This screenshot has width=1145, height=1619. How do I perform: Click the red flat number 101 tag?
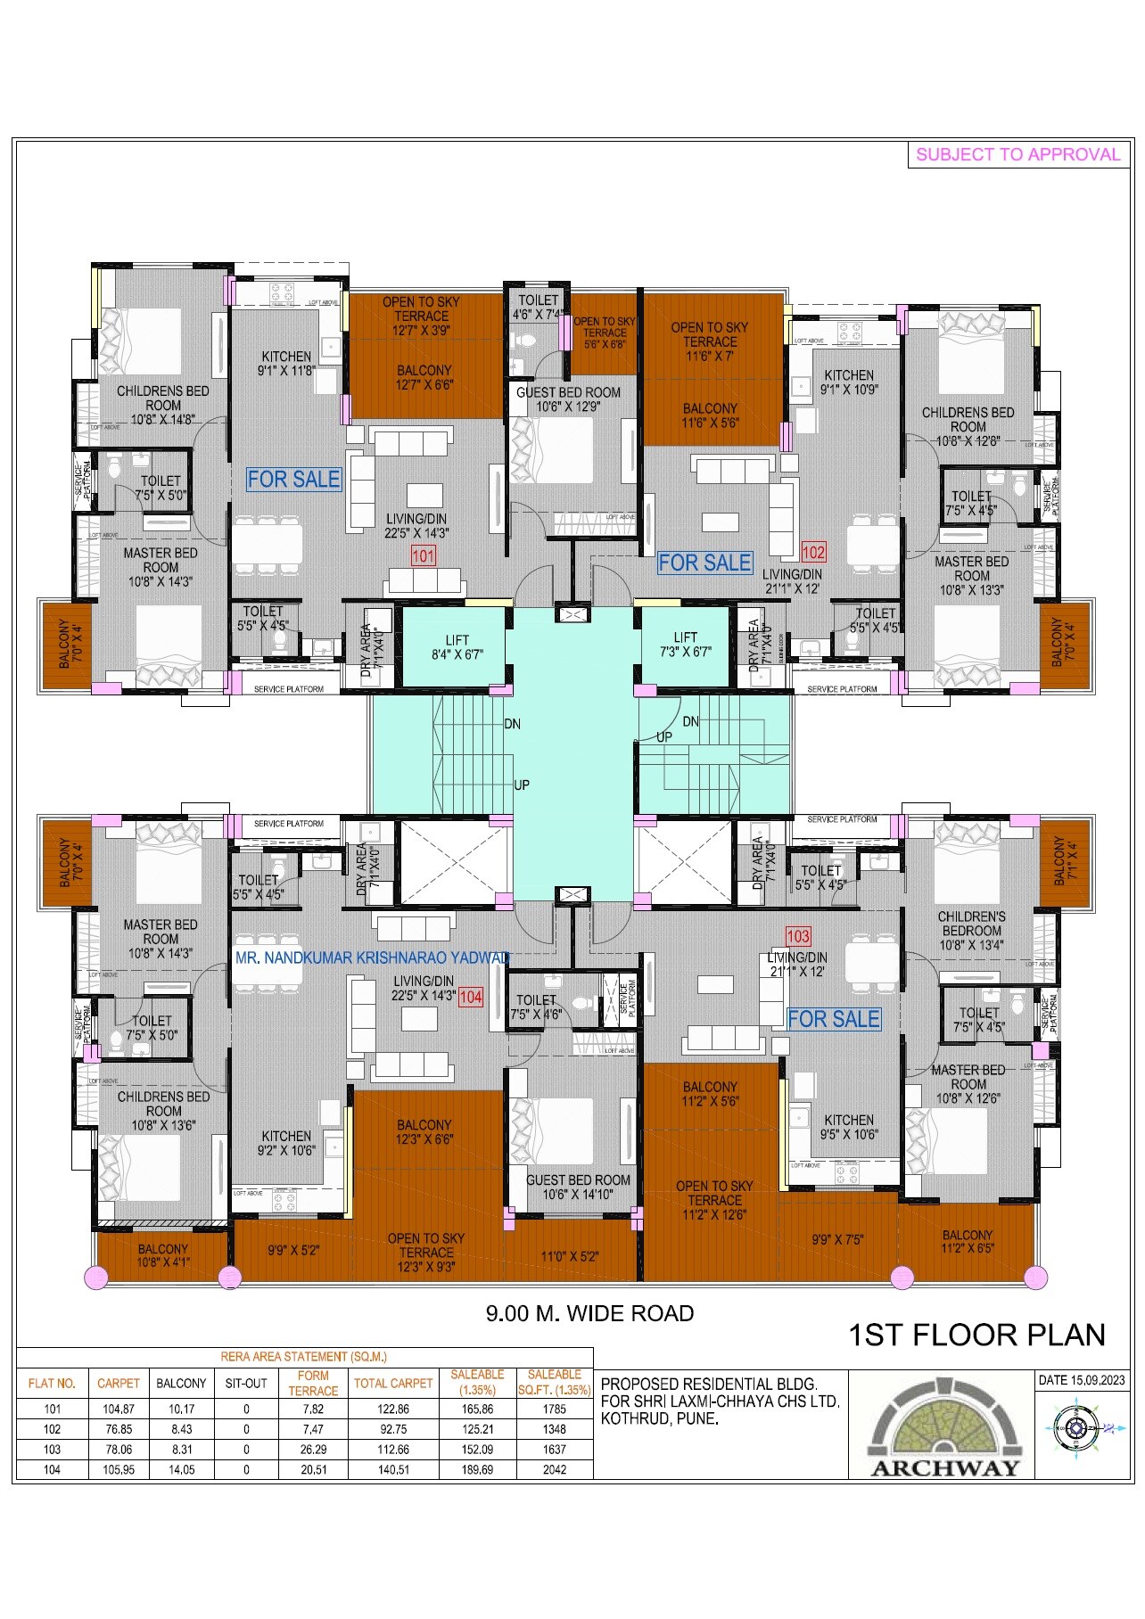423,556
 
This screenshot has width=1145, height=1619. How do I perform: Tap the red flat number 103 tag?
797,936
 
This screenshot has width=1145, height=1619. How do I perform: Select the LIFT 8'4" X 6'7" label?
457,647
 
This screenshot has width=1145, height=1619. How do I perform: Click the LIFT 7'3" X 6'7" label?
685,645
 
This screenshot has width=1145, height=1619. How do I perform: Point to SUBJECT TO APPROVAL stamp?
1017,154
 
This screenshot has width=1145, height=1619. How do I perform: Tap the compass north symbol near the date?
1075,1429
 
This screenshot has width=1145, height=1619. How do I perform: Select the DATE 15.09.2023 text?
1082,1380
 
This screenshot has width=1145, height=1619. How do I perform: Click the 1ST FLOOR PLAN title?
976,1335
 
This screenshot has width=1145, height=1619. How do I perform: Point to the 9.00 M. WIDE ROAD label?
589,1313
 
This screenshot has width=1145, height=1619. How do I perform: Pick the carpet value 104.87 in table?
118,1409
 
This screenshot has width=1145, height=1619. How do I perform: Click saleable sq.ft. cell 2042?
554,1469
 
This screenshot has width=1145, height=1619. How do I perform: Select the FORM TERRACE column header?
313,1383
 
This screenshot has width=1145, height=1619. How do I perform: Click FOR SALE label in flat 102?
704,563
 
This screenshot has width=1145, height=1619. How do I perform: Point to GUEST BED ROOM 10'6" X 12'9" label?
568,399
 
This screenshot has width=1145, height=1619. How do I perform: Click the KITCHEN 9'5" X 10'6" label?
849,1127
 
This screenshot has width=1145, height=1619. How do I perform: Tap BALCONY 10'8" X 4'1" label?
162,1255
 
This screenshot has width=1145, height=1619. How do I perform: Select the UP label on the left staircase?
522,785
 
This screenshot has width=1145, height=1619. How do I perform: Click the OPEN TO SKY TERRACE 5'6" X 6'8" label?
605,333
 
